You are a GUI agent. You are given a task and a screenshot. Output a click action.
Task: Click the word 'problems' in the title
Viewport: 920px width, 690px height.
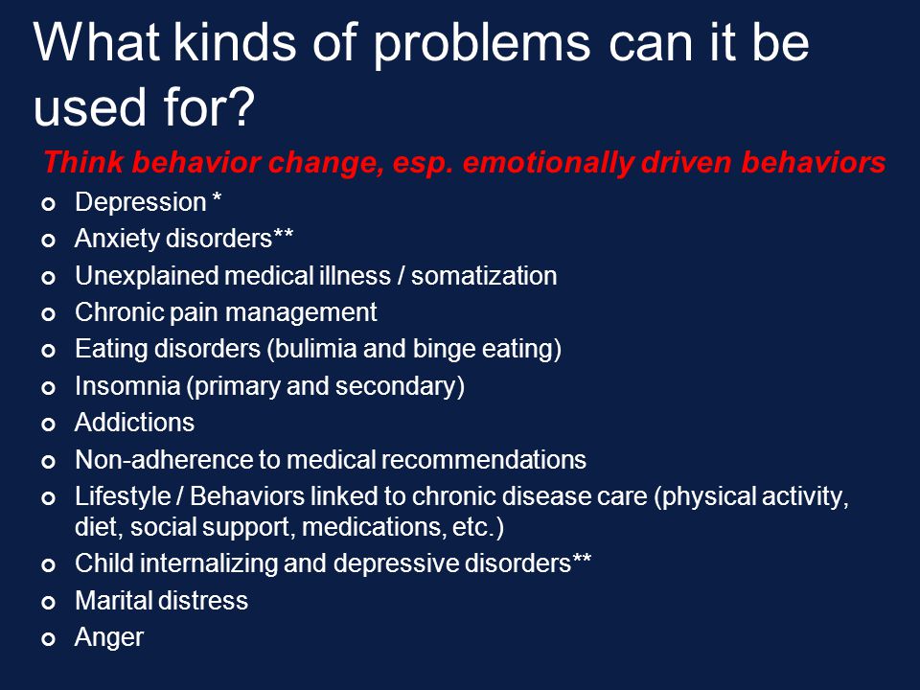click(481, 45)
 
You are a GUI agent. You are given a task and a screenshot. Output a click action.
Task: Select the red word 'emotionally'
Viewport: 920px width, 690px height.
click(548, 163)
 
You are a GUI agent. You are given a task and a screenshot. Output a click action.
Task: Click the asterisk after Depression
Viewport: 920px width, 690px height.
click(217, 197)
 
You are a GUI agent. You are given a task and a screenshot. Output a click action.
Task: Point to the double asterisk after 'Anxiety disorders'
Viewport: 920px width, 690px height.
click(283, 235)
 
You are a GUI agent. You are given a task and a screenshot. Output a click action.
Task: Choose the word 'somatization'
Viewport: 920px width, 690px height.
click(484, 276)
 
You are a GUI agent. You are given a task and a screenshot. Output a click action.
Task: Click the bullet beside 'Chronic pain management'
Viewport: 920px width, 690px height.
click(49, 314)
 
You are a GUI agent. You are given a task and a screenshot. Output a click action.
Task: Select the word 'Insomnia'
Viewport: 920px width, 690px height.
click(127, 386)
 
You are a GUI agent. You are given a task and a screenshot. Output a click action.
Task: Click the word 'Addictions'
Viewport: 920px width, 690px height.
click(134, 423)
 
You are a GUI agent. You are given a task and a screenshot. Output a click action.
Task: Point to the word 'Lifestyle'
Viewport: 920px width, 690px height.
click(123, 496)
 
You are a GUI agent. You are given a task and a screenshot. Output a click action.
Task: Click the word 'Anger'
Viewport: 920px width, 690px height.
click(109, 638)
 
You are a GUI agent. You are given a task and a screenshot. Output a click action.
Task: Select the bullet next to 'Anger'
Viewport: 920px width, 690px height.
click(49, 639)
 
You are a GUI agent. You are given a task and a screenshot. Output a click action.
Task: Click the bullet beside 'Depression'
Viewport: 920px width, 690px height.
click(49, 204)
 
